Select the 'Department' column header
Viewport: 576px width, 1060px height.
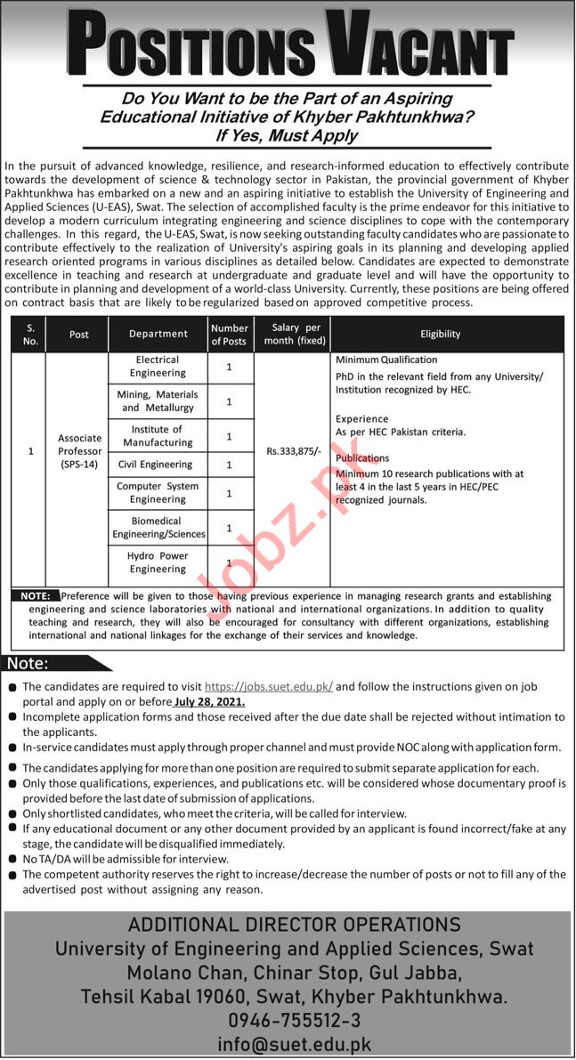pyautogui.click(x=158, y=334)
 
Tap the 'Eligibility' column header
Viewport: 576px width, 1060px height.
pyautogui.click(x=441, y=334)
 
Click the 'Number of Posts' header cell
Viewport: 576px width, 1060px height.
pyautogui.click(x=230, y=335)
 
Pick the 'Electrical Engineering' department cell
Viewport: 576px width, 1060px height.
pyautogui.click(x=158, y=366)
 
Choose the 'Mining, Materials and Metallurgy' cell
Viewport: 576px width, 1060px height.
pyautogui.click(x=158, y=401)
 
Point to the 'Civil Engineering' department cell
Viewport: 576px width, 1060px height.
pyautogui.click(x=158, y=464)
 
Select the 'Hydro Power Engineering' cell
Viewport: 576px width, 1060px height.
pyautogui.click(x=158, y=562)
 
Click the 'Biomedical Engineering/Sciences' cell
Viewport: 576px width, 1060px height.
pyautogui.click(x=158, y=528)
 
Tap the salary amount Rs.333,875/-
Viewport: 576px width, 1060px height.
pyautogui.click(x=292, y=452)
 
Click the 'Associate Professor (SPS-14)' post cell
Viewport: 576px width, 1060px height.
pyautogui.click(x=80, y=451)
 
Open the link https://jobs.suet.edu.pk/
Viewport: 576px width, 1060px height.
pyautogui.click(x=269, y=687)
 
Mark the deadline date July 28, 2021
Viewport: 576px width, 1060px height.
pyautogui.click(x=210, y=701)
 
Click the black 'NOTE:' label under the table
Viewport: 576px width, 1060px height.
pyautogui.click(x=37, y=595)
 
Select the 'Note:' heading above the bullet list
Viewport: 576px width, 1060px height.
pyautogui.click(x=28, y=663)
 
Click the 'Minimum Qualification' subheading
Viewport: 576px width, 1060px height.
pyautogui.click(x=386, y=360)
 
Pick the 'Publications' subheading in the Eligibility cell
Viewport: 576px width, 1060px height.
pyautogui.click(x=361, y=458)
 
